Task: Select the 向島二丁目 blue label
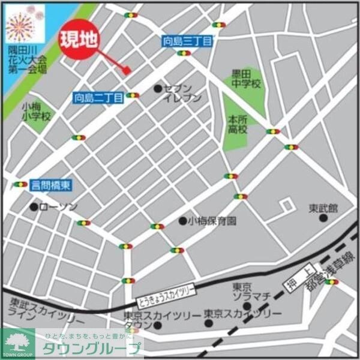(98, 96)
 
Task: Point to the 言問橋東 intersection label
(50, 186)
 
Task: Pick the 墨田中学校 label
(247, 79)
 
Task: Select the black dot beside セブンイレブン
(158, 89)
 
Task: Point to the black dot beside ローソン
(34, 207)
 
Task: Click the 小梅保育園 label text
(212, 221)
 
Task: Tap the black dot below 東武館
(323, 218)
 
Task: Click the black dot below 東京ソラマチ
(247, 307)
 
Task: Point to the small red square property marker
(127, 70)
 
